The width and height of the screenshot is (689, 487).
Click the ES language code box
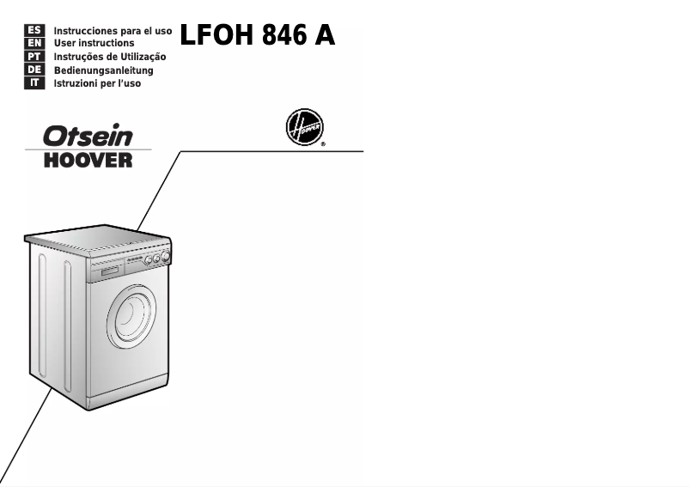click(x=35, y=29)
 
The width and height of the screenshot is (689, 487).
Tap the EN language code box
click(x=35, y=43)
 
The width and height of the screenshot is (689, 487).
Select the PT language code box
click(x=35, y=57)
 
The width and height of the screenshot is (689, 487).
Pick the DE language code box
click(x=35, y=70)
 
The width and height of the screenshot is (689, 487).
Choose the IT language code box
click(x=35, y=84)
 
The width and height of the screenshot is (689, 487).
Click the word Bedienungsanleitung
click(x=103, y=70)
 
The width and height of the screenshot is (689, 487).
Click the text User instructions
click(x=94, y=43)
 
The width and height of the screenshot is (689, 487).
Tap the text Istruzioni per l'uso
click(x=97, y=84)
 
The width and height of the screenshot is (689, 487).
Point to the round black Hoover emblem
click(x=304, y=131)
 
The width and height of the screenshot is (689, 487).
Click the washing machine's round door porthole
click(x=131, y=316)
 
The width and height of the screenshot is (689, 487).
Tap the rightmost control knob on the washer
click(x=165, y=256)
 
